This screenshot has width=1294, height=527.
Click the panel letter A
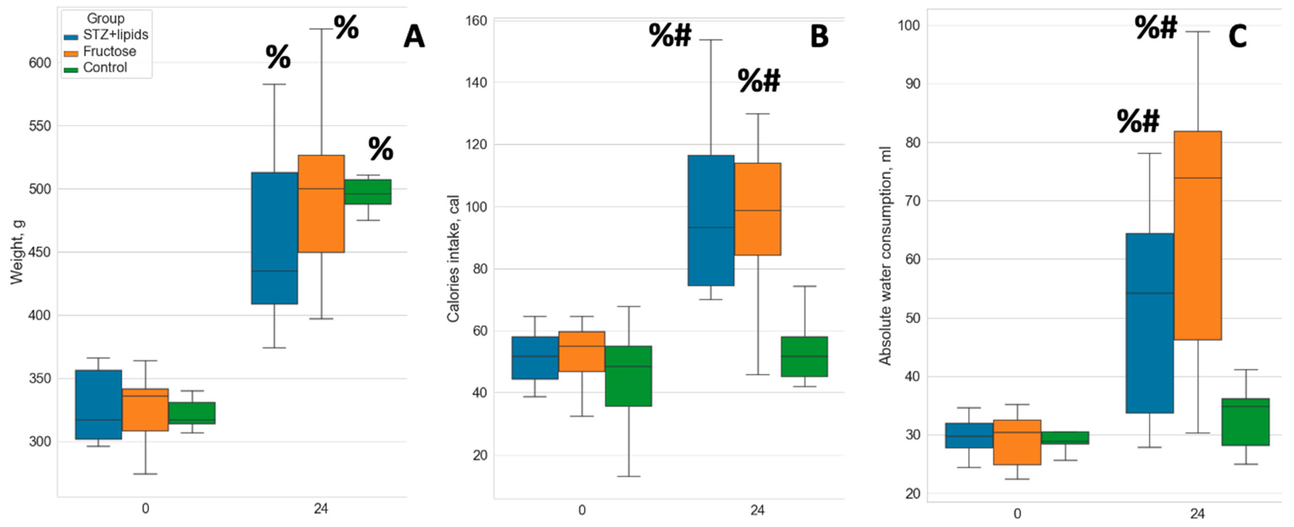pyautogui.click(x=414, y=37)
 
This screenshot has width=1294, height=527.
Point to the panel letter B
pyautogui.click(x=819, y=37)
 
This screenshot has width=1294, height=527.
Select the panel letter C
pyautogui.click(x=1238, y=37)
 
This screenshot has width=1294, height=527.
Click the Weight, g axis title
pyautogui.click(x=17, y=252)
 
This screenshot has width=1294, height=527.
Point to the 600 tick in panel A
pyautogui.click(x=40, y=63)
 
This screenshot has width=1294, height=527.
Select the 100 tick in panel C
pyautogui.click(x=909, y=26)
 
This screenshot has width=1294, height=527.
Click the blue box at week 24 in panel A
pyautogui.click(x=274, y=238)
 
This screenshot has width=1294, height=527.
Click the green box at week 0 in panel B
pyautogui.click(x=629, y=376)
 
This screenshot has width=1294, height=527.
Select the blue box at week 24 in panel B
pyautogui.click(x=711, y=220)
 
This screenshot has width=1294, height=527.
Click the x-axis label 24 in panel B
pyautogui.click(x=757, y=510)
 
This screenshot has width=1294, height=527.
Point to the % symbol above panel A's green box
pyautogui.click(x=381, y=149)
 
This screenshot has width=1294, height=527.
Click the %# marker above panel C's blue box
pyautogui.click(x=1138, y=121)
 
